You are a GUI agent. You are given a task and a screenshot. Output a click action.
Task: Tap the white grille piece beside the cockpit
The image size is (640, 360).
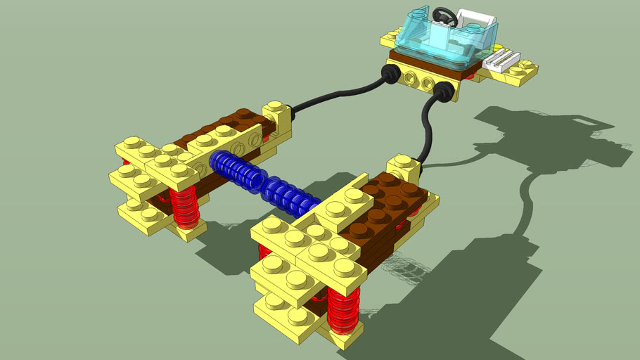point(503,59)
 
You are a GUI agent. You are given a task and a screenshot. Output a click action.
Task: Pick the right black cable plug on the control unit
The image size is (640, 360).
point(444,92)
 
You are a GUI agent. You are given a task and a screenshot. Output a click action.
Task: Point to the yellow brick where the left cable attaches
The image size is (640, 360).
point(278,116)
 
